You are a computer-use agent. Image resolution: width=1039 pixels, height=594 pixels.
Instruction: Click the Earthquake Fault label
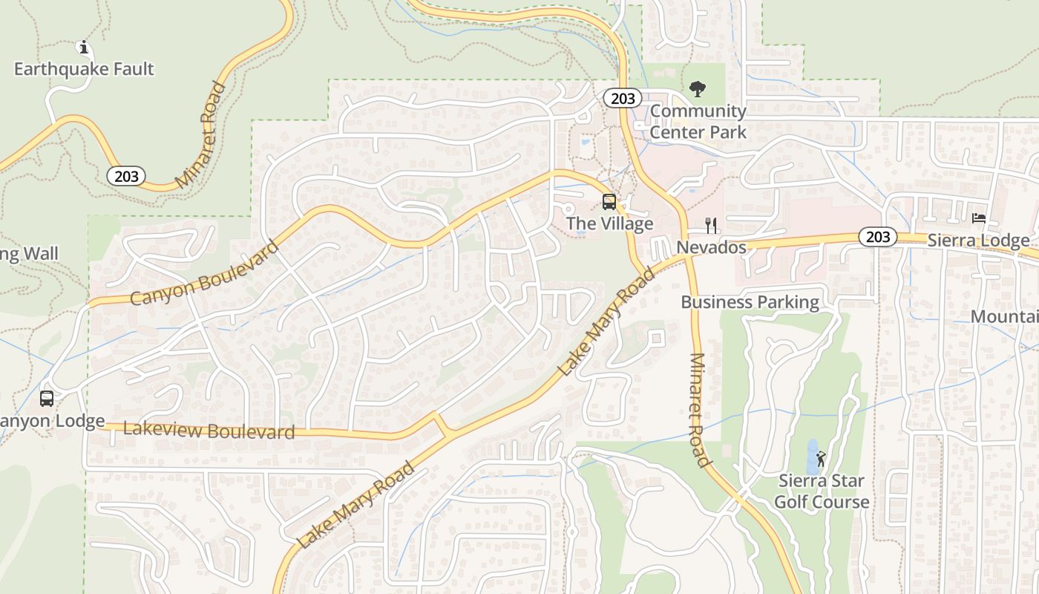(x=84, y=69)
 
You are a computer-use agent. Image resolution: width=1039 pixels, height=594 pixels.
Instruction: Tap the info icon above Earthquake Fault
(x=84, y=48)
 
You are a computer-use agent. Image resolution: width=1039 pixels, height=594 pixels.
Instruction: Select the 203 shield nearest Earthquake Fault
(x=125, y=176)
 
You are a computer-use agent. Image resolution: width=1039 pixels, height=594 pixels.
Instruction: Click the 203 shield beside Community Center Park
(x=622, y=98)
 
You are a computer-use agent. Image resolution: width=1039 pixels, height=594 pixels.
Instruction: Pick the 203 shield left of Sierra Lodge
(x=878, y=237)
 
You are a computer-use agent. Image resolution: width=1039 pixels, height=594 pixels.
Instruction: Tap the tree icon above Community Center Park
(x=697, y=89)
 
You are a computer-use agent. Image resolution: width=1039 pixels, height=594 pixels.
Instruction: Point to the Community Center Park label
(x=698, y=122)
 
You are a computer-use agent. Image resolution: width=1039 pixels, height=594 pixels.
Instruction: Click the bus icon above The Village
(x=609, y=201)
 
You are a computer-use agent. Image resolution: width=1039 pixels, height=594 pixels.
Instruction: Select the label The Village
(x=609, y=223)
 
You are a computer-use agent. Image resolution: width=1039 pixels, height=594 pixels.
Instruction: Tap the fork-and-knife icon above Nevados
(x=711, y=225)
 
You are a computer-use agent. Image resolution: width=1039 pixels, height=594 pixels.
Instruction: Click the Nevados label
(x=711, y=247)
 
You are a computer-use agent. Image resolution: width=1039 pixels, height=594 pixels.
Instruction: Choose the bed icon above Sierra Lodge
(x=979, y=218)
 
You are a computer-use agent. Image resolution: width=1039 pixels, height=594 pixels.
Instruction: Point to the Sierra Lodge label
(x=978, y=241)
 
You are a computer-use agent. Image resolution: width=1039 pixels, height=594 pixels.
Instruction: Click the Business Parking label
(x=750, y=302)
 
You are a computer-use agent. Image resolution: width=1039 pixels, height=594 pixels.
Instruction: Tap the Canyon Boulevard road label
(x=204, y=272)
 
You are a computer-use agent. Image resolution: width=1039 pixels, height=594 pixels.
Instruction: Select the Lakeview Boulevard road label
(x=209, y=430)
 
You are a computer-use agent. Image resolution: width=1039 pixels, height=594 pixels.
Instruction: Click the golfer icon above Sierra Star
(x=821, y=459)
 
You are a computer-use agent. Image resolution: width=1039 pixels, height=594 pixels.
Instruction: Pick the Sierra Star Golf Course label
(x=822, y=492)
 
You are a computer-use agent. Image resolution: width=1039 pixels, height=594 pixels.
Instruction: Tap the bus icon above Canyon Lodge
(x=47, y=399)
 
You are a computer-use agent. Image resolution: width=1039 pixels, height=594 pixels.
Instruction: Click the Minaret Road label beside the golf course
(x=700, y=409)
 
